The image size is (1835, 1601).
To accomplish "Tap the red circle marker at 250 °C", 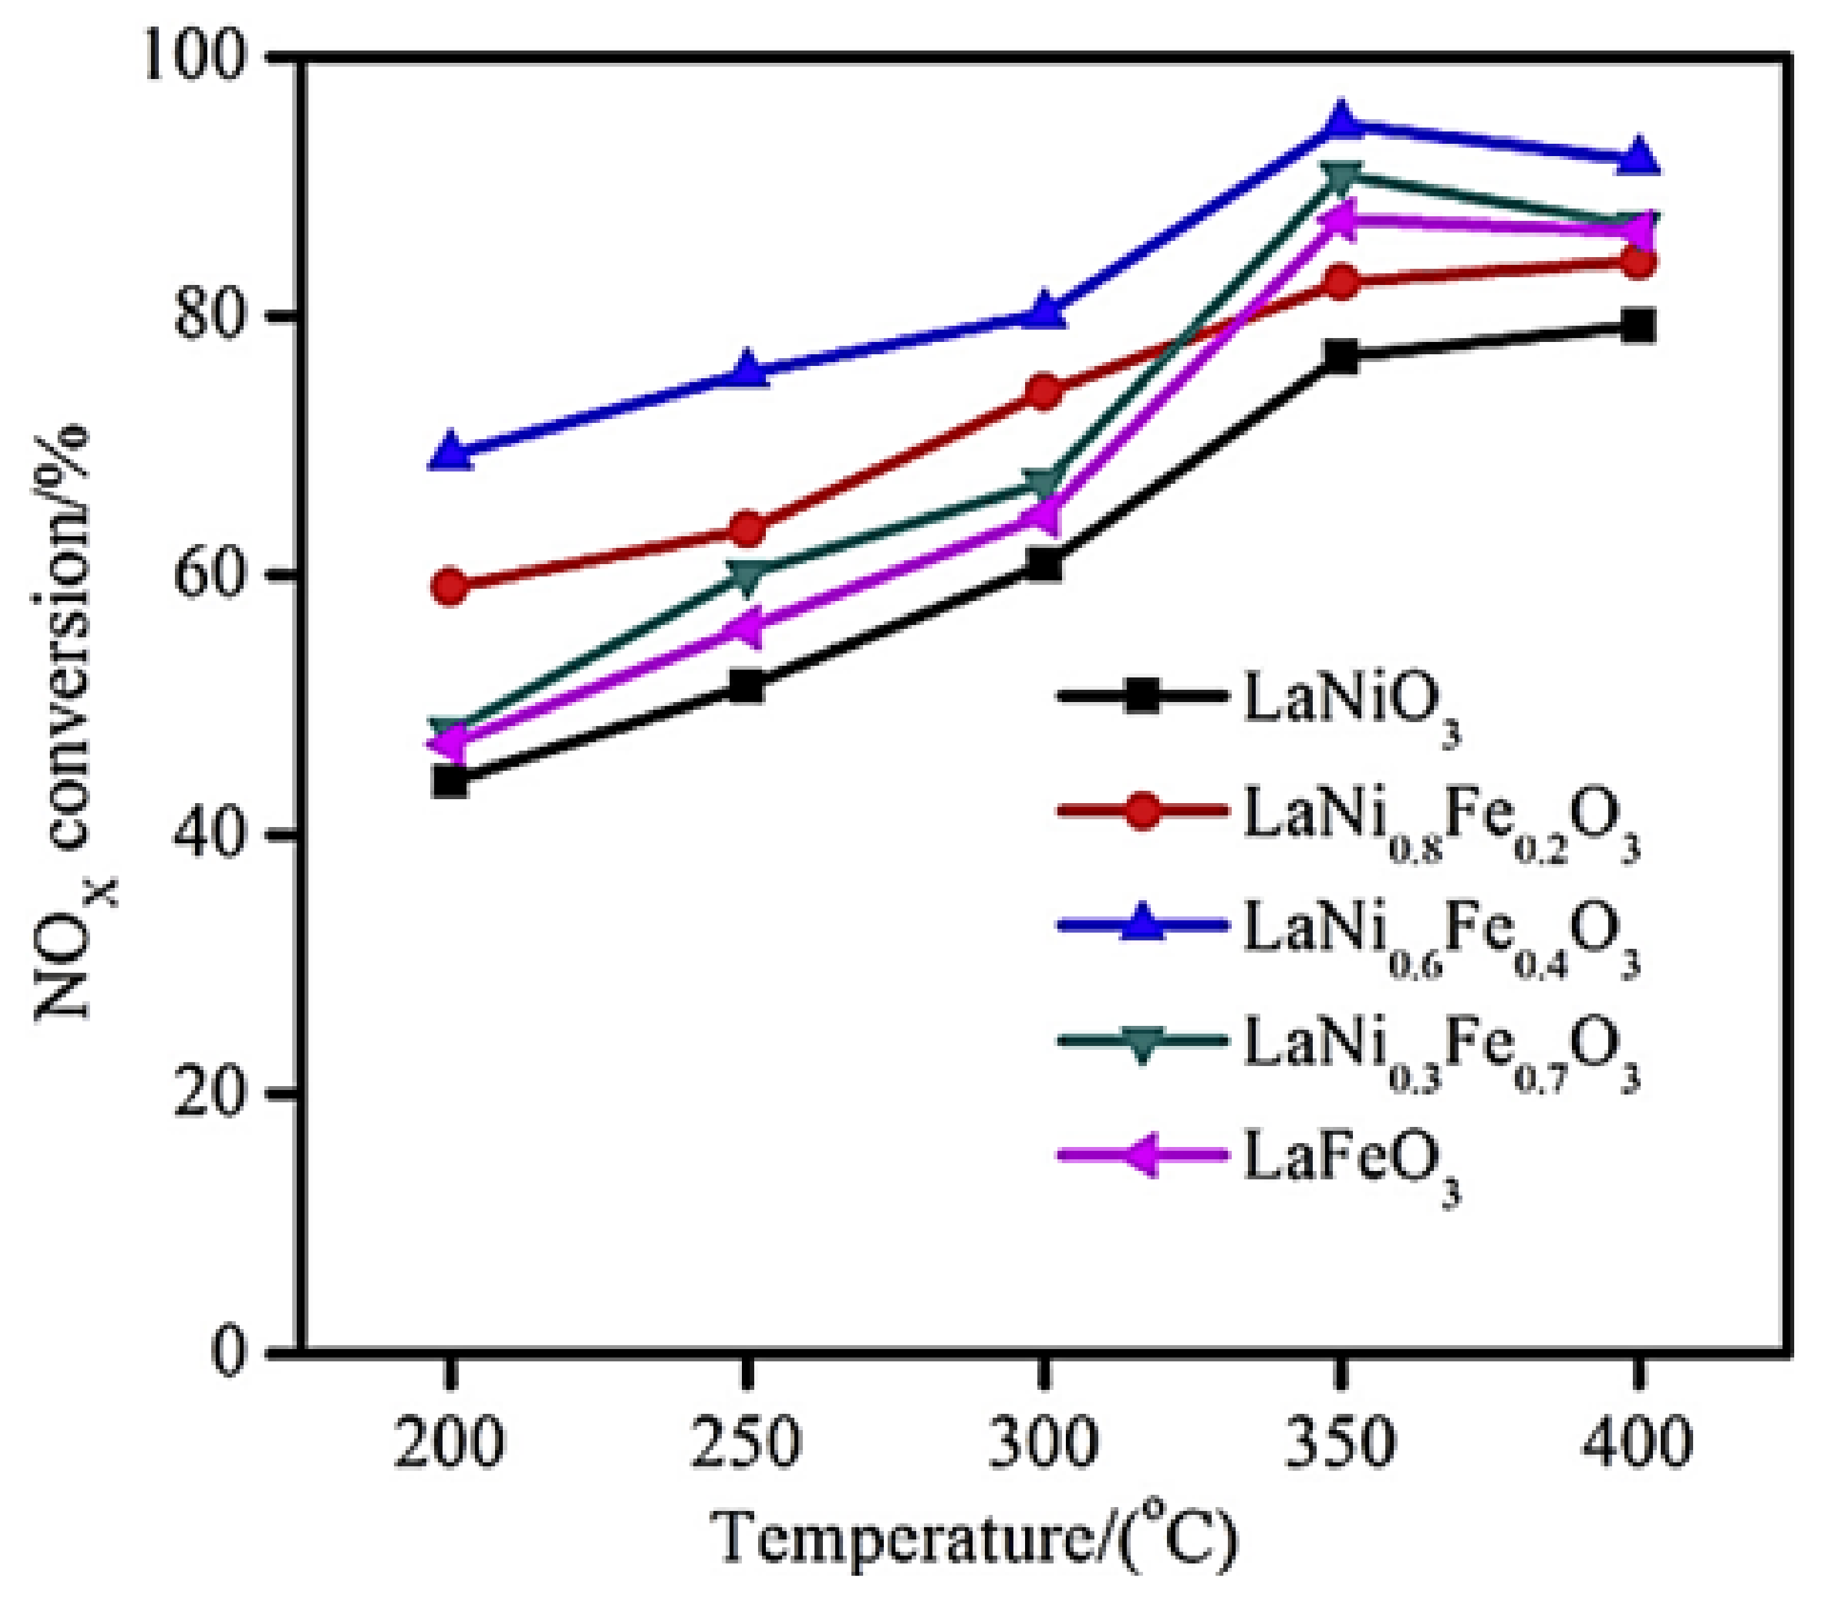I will click(x=747, y=530).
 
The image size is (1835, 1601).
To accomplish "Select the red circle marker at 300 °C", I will click(x=1043, y=391).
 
